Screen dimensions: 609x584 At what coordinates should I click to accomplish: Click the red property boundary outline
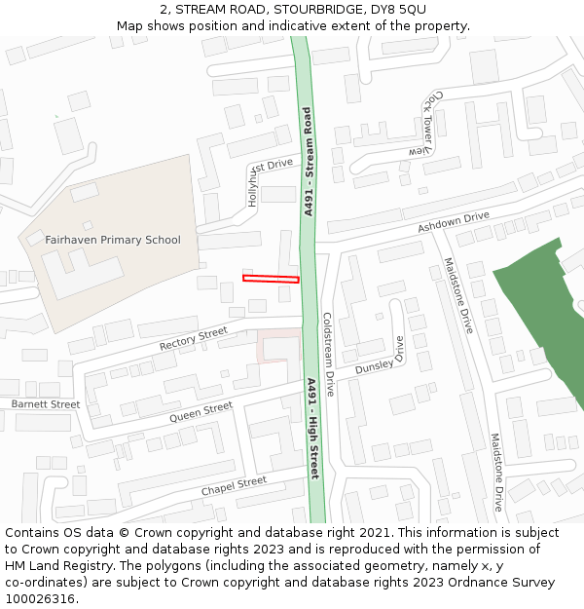coord(271,280)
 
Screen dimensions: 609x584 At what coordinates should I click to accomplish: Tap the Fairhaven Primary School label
coord(113,240)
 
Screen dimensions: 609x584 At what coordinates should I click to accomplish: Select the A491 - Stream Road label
coord(308,168)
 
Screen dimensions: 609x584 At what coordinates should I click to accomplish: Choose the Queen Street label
coord(201,412)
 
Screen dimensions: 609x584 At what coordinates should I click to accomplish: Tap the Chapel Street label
coord(234,485)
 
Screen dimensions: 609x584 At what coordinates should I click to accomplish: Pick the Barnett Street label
coord(46,403)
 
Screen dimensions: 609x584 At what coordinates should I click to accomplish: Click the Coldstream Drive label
coord(328,354)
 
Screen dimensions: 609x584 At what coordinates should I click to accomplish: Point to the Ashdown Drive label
coord(453,222)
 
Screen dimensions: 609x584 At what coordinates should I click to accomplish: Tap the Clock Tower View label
coord(426,124)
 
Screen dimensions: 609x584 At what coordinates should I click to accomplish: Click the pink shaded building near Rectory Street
coord(279,347)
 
